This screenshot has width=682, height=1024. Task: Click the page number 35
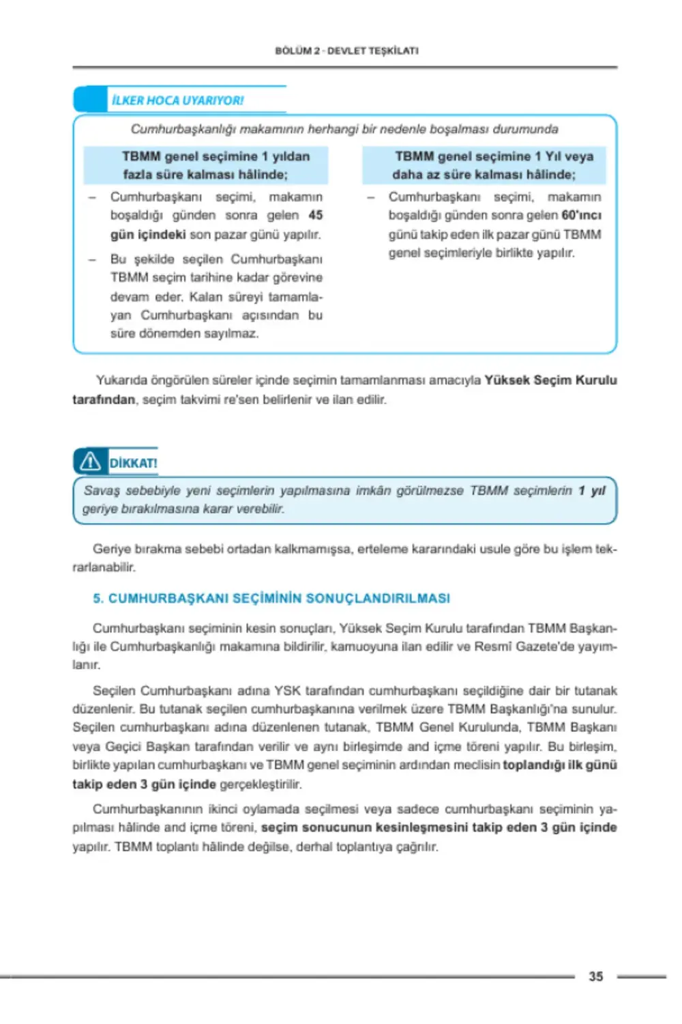595,976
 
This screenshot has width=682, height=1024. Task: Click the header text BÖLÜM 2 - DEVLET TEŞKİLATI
346,51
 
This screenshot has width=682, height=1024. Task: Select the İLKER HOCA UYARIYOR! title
177,100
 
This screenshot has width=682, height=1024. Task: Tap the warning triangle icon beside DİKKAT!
90,462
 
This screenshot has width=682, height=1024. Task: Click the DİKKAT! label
133,463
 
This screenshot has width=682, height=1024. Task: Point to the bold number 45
315,215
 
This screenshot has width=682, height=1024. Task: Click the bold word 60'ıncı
581,215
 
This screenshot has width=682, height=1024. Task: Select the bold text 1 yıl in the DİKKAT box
591,490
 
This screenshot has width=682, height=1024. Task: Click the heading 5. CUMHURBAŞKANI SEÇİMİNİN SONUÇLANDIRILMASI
271,598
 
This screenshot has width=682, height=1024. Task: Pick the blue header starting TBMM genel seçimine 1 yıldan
206,165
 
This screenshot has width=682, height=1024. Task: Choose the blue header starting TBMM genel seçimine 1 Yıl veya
484,165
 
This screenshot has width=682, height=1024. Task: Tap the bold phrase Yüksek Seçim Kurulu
550,380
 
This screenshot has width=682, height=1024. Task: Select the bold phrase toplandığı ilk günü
559,765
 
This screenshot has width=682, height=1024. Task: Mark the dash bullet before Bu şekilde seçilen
92,259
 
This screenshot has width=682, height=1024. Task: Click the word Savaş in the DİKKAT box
102,490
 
